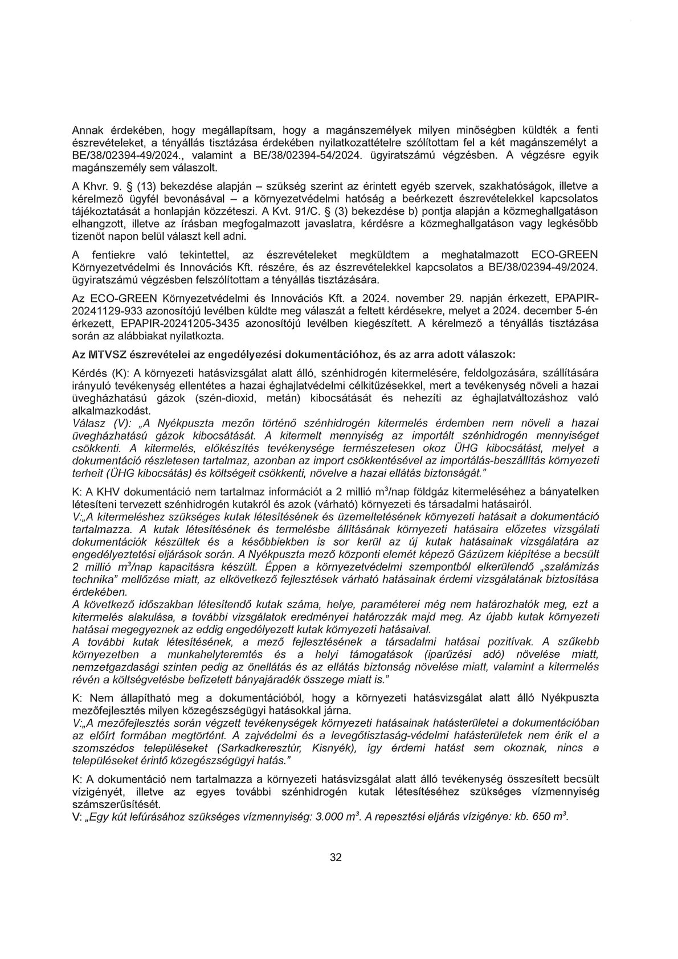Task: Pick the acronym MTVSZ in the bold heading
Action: click(x=101, y=354)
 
